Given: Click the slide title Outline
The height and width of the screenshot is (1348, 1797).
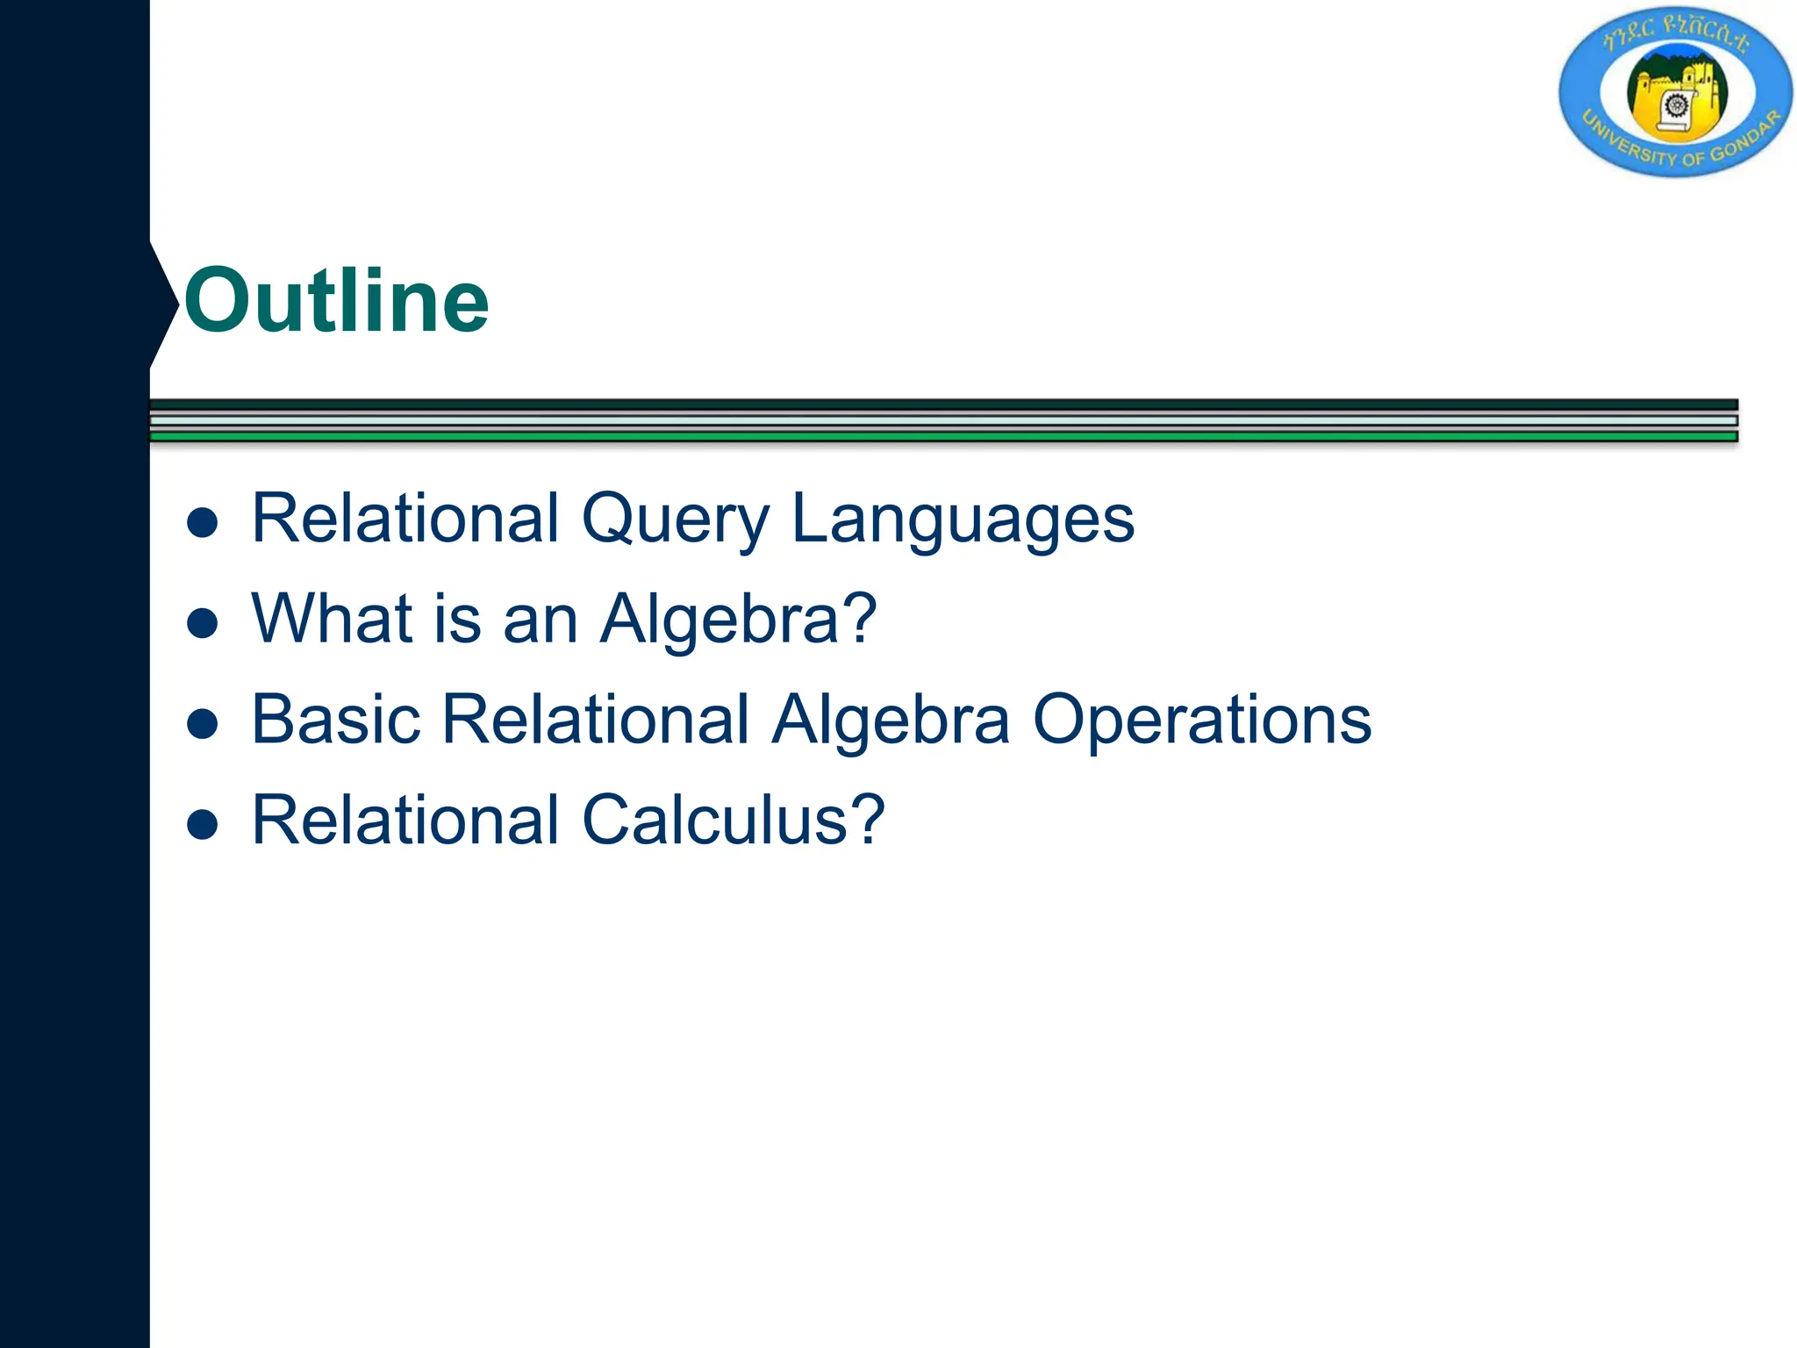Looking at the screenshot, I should (336, 301).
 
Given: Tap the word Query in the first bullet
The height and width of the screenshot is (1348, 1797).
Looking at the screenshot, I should (675, 520).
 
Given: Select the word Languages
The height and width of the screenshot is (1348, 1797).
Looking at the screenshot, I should (963, 520).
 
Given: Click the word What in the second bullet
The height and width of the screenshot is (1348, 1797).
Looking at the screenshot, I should (333, 619).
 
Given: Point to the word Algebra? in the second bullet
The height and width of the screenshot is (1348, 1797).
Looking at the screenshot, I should (738, 619).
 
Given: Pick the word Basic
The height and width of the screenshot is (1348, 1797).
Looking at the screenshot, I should (336, 720).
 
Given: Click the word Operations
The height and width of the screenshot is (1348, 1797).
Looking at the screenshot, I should (1201, 720).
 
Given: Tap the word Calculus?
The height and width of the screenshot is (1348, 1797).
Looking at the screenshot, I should (734, 821).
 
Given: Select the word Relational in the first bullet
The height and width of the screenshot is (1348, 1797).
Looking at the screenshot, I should (405, 520).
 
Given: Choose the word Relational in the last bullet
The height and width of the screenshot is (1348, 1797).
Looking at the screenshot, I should (405, 821).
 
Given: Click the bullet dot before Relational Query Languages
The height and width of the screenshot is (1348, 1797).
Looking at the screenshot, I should (203, 523).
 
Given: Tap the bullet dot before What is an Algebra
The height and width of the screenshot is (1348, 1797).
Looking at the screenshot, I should (203, 623).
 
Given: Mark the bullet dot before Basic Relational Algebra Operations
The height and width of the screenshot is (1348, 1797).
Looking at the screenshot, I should (203, 724).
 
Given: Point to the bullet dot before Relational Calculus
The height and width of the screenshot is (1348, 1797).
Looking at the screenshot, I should (203, 825).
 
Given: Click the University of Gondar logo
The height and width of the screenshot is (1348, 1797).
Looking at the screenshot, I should (1676, 91).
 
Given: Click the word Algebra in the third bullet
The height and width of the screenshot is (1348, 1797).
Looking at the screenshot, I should (891, 720).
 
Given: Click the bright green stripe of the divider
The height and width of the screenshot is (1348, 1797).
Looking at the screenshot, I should (943, 436).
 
